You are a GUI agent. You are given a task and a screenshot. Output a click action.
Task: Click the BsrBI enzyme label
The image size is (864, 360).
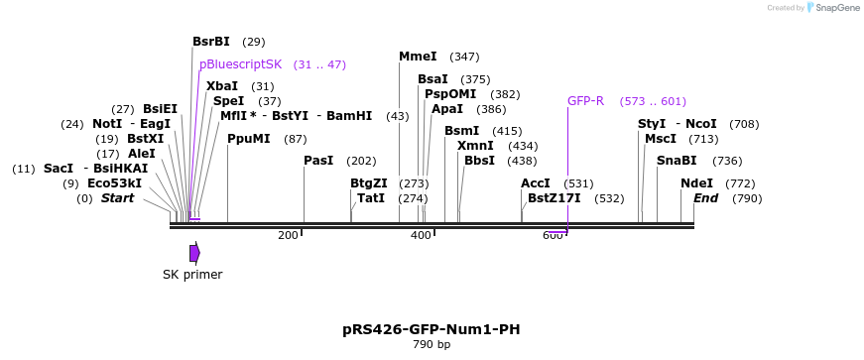[211, 42]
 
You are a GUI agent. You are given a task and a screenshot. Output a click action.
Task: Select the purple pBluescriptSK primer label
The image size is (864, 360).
[240, 64]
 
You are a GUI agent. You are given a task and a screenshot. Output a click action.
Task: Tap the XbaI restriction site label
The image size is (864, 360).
[222, 86]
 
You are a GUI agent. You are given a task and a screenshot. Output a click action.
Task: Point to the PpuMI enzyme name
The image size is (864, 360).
[249, 139]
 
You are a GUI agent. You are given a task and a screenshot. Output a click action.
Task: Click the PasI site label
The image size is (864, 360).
[318, 161]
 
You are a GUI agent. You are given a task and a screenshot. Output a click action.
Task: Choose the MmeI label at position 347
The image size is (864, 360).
[418, 57]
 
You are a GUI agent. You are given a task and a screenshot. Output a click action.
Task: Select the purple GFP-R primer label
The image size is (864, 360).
[585, 101]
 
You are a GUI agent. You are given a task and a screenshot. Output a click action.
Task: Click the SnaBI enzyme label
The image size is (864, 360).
[677, 161]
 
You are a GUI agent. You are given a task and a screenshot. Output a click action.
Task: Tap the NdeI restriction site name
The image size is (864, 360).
[696, 183]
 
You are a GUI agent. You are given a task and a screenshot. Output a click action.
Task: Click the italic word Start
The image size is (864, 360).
[117, 198]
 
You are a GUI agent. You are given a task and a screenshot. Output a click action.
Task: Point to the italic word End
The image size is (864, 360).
[706, 198]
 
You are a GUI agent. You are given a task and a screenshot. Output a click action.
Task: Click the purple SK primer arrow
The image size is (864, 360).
[195, 253]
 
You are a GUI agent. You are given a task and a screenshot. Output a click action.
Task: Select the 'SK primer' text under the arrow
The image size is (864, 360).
[192, 275]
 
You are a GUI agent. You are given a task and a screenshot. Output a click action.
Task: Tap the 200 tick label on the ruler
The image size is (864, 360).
[288, 236]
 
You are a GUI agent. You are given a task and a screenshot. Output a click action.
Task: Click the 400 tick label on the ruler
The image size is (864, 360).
[421, 236]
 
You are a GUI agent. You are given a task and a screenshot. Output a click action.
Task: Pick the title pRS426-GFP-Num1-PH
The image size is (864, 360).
[432, 329]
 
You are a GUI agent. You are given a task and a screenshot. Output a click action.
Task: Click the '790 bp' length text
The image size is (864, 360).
[432, 345]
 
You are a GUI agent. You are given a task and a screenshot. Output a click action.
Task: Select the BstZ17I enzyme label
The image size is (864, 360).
[554, 198]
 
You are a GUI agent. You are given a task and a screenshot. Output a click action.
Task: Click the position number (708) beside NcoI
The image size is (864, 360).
[744, 125]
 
